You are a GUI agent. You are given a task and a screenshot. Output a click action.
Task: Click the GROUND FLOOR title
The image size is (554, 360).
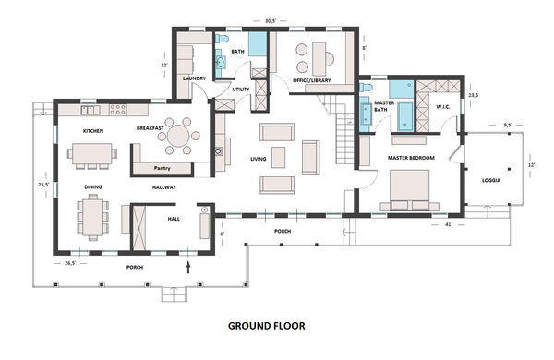click(267, 326)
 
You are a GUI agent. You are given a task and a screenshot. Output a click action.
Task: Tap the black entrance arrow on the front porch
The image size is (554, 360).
click(187, 267)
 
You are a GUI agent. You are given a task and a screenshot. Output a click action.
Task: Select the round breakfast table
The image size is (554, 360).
click(178, 136)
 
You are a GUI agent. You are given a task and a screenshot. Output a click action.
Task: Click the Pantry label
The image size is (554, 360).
click(163, 168)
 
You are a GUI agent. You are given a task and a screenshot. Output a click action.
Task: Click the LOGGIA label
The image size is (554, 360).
click(491, 180)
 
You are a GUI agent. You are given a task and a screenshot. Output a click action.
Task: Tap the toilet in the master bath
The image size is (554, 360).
click(367, 88)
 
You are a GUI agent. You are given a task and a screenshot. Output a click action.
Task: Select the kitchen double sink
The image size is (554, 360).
click(88, 110)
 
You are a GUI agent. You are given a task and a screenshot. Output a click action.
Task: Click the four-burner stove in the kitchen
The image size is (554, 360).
click(117, 110)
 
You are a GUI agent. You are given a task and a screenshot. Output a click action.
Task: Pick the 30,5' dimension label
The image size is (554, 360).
click(271, 21)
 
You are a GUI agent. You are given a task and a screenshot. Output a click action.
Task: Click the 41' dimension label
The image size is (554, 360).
click(449, 224)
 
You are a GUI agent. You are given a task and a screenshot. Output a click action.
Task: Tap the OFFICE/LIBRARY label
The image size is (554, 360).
click(312, 80)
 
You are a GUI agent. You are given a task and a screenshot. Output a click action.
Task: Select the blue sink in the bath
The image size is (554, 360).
click(221, 64)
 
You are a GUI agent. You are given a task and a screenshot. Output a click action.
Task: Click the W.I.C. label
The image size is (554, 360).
click(442, 107)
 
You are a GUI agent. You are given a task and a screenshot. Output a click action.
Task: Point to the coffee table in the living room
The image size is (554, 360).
click(279, 157)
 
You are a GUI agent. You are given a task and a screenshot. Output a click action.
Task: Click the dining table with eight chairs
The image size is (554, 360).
click(93, 217)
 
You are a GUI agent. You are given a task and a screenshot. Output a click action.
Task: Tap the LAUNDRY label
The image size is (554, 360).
click(194, 78)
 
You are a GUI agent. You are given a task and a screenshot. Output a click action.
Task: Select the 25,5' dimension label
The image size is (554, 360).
click(43, 184)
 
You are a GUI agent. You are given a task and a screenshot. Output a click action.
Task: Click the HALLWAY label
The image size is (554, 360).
click(164, 187)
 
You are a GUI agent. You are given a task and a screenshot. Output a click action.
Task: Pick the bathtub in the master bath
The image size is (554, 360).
click(405, 116)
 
